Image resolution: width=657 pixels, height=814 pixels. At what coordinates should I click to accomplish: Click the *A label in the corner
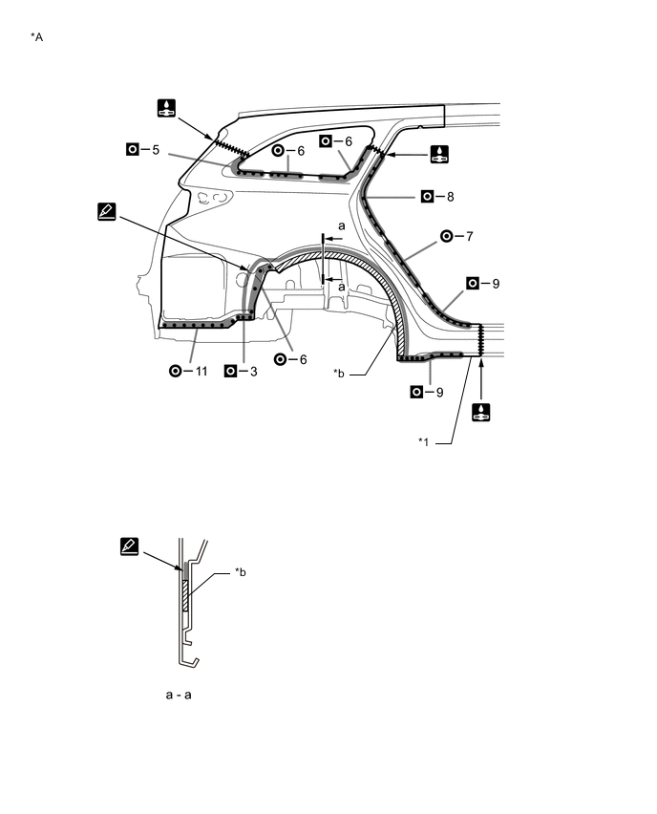[x=37, y=37]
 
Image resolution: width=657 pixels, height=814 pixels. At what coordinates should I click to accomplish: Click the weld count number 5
[x=156, y=149]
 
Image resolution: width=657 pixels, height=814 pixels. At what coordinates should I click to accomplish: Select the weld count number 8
[x=450, y=197]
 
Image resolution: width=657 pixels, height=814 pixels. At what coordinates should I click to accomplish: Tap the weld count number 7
[x=469, y=237]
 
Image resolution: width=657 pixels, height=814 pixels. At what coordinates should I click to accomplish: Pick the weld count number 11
[x=201, y=372]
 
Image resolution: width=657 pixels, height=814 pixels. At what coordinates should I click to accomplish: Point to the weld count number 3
[x=253, y=372]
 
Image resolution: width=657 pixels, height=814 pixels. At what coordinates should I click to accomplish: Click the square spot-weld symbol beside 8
[x=427, y=196]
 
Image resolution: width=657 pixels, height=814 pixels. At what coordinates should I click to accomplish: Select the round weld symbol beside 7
[x=447, y=236]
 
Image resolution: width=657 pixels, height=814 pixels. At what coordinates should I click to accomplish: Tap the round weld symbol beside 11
[x=176, y=371]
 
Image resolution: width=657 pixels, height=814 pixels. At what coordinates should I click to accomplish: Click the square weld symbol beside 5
[x=133, y=149]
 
